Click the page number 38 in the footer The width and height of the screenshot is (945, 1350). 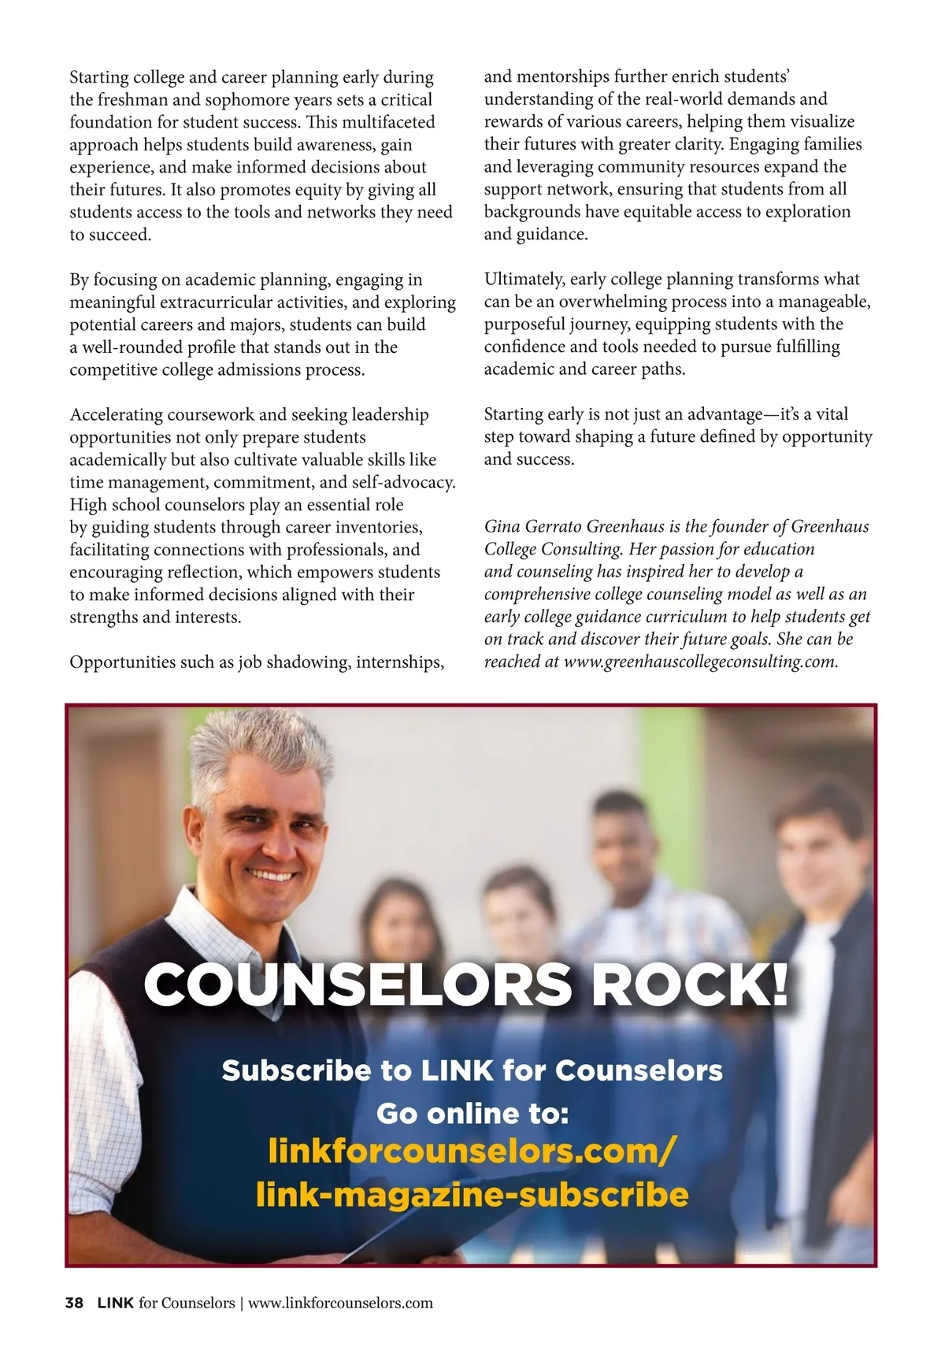tap(74, 1303)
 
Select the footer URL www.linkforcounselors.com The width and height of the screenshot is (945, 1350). tap(340, 1303)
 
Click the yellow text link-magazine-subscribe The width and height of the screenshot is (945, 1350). tap(472, 1194)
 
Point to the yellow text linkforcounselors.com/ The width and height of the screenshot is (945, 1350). tap(472, 1151)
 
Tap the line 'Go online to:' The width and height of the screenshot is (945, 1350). tap(472, 1113)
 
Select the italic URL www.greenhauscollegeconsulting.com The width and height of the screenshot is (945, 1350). tap(701, 662)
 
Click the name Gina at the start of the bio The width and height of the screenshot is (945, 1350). tap(502, 527)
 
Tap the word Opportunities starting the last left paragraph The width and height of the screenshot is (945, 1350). tap(122, 662)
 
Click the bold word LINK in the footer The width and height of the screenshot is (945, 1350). tap(116, 1303)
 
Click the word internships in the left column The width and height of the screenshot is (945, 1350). tap(400, 662)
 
